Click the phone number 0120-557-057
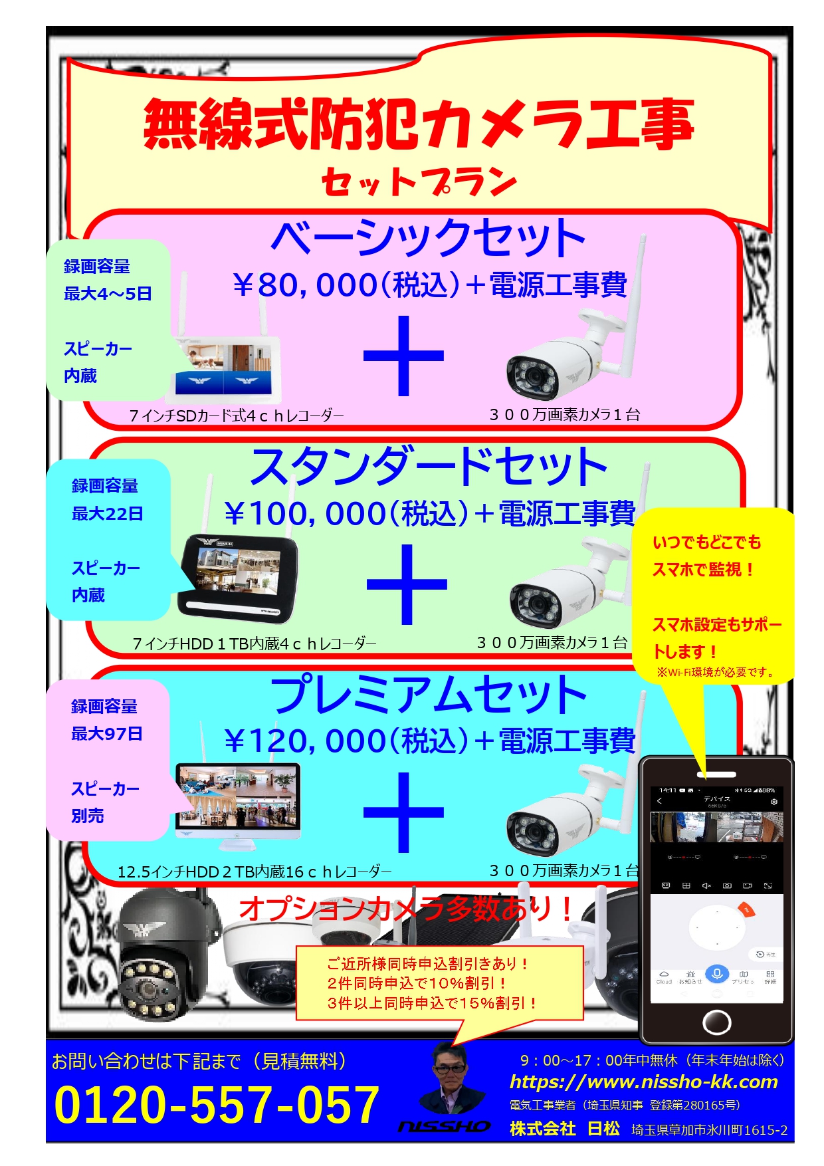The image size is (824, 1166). [x=217, y=1104]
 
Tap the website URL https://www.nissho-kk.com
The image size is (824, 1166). [x=643, y=1082]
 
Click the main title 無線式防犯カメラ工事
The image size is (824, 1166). [x=419, y=124]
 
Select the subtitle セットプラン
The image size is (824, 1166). [x=419, y=181]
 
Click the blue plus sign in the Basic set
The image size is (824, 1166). [x=403, y=356]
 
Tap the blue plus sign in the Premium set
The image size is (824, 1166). [x=403, y=812]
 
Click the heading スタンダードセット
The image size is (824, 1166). [x=429, y=467]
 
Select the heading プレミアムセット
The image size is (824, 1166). [x=429, y=695]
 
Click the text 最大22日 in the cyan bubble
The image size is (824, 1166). [x=108, y=514]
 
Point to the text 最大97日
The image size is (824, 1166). [x=107, y=734]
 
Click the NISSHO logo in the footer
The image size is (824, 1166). [x=444, y=1126]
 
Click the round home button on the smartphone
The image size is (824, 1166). [x=716, y=1021]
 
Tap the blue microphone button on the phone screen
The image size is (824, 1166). [x=716, y=975]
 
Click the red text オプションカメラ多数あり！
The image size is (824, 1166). [x=405, y=909]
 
